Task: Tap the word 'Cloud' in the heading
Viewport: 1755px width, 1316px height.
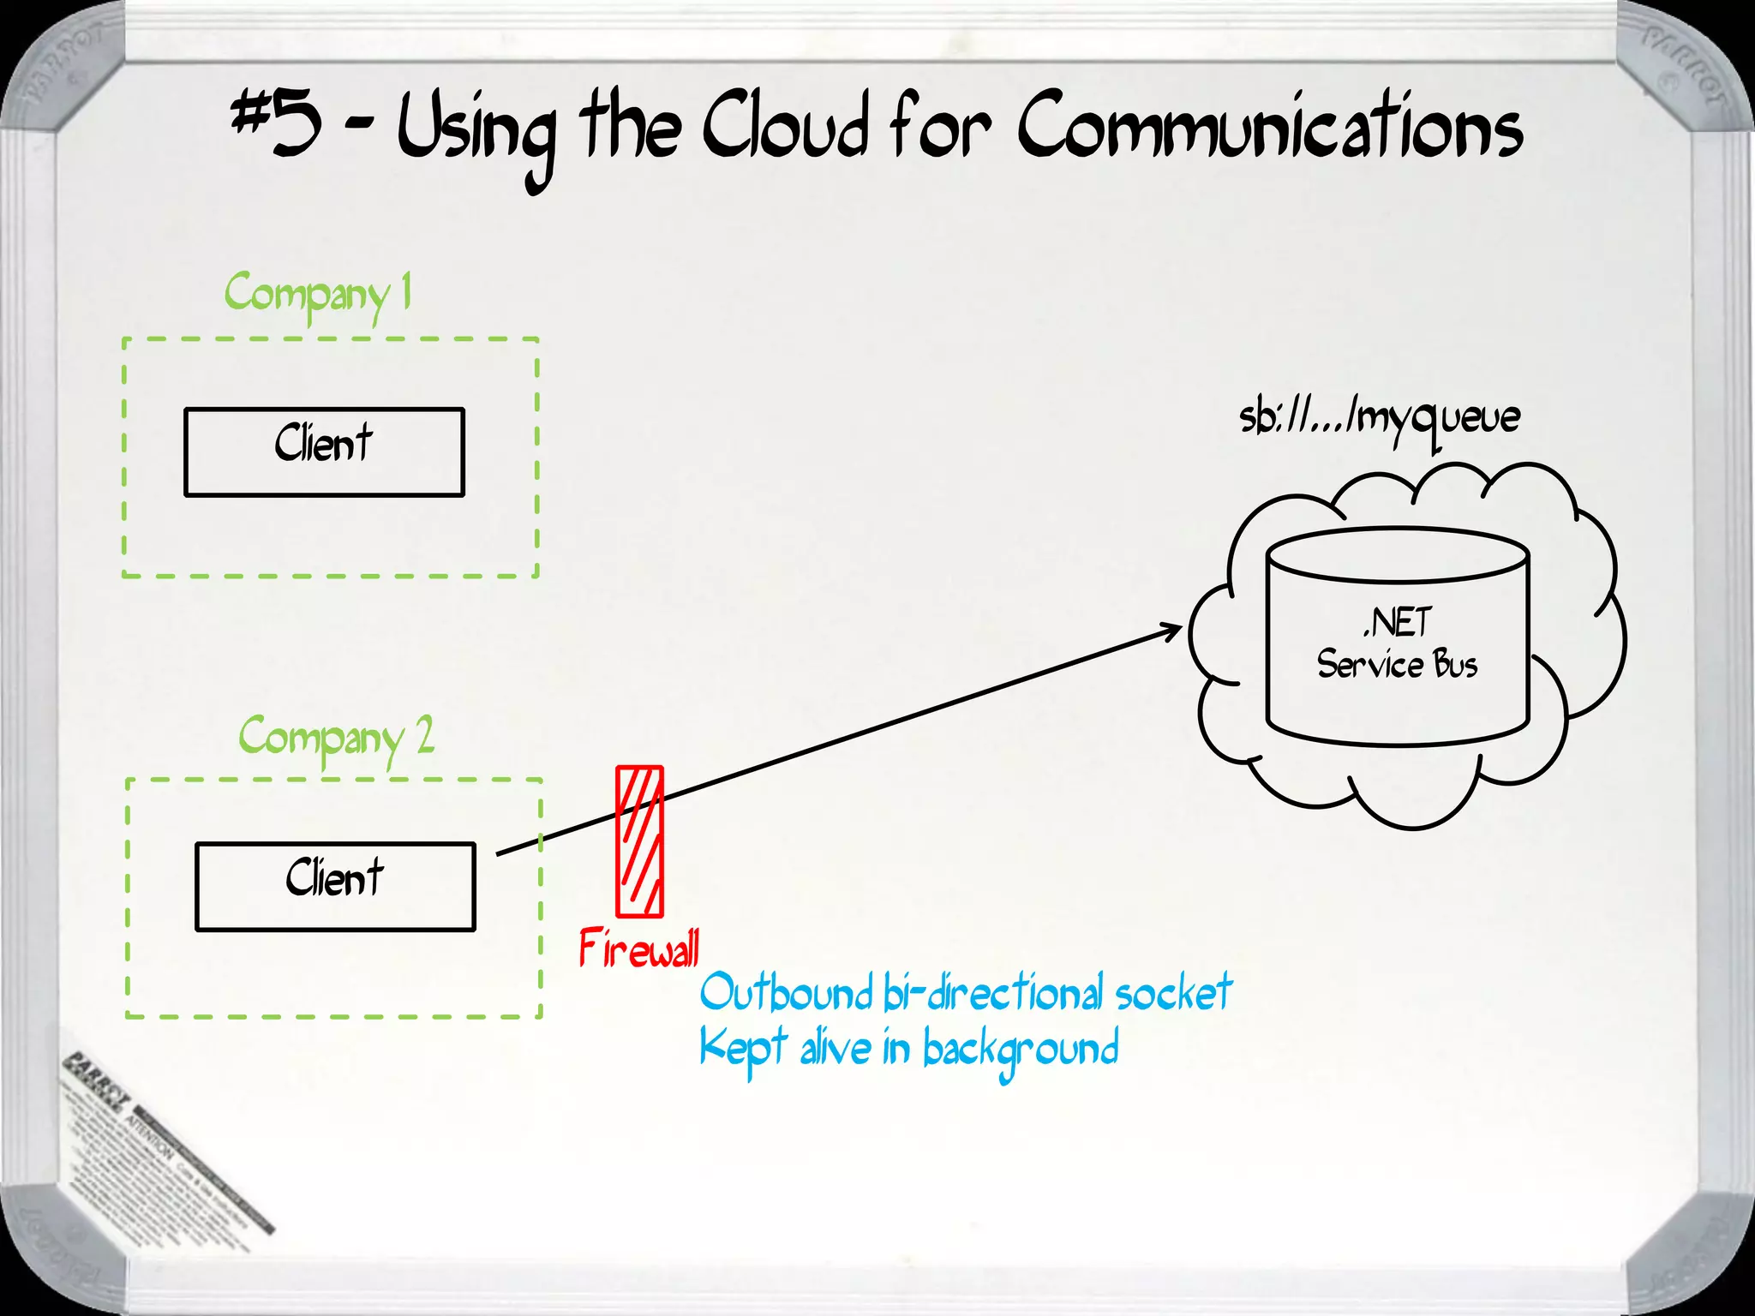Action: click(x=785, y=129)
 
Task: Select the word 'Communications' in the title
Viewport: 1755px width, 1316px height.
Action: click(x=1270, y=129)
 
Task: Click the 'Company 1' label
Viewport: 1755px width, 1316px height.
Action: click(x=317, y=295)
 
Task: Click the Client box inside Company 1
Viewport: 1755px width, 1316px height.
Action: click(x=324, y=452)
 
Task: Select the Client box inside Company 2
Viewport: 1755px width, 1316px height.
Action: click(x=335, y=886)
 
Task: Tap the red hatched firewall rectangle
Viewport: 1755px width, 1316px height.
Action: click(x=640, y=841)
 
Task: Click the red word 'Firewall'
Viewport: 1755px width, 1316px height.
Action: click(x=639, y=949)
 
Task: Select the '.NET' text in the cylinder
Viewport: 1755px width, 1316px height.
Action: click(x=1398, y=623)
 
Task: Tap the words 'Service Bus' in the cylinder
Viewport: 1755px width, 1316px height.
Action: click(x=1397, y=665)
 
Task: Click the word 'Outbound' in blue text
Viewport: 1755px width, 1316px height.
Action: click(x=785, y=994)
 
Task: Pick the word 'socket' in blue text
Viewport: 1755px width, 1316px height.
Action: click(x=1173, y=994)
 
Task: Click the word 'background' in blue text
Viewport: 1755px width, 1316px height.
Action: click(x=1020, y=1050)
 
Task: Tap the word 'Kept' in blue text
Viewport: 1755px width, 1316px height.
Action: click(x=742, y=1049)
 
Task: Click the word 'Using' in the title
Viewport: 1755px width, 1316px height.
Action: click(x=476, y=133)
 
